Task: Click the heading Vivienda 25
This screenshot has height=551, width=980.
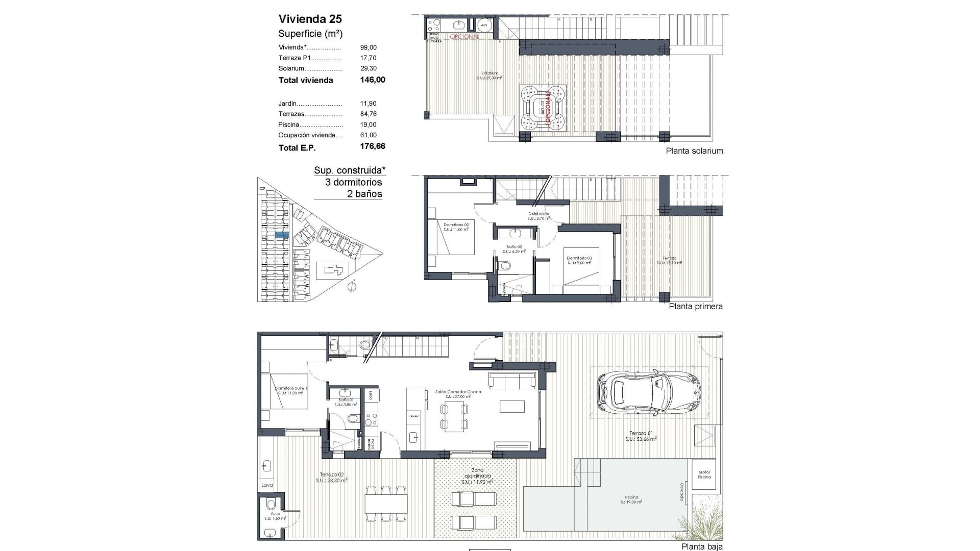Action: click(x=310, y=19)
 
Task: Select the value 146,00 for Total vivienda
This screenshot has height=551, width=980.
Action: click(x=372, y=80)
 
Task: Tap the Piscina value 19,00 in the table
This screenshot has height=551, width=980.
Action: click(x=368, y=124)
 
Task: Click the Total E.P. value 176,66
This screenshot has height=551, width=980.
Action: click(x=372, y=146)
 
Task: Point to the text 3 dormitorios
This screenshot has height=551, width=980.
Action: click(x=353, y=182)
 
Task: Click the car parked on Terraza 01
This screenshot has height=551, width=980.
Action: click(x=648, y=392)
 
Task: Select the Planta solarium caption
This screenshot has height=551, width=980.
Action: click(x=694, y=151)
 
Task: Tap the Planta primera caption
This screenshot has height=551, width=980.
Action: click(x=695, y=307)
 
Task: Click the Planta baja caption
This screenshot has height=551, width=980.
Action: click(x=702, y=546)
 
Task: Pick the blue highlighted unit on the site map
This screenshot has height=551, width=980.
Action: click(x=282, y=235)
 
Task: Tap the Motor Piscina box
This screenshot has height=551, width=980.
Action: click(x=704, y=474)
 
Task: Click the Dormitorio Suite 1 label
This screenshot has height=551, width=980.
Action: click(x=291, y=390)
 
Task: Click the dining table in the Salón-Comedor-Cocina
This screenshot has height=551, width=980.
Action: click(x=454, y=416)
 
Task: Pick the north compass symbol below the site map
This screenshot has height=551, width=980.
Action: click(x=351, y=287)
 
